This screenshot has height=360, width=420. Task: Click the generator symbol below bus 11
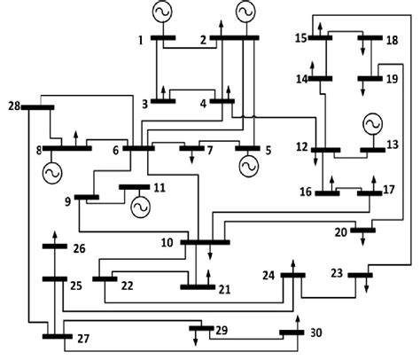pyautogui.click(x=139, y=207)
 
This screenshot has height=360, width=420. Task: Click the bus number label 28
pyautogui.click(x=12, y=107)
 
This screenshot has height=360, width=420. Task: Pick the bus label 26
pyautogui.click(x=80, y=249)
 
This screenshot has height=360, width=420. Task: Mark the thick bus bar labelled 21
pyautogui.click(x=197, y=286)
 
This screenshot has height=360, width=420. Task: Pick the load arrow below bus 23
pyautogui.click(x=363, y=286)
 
